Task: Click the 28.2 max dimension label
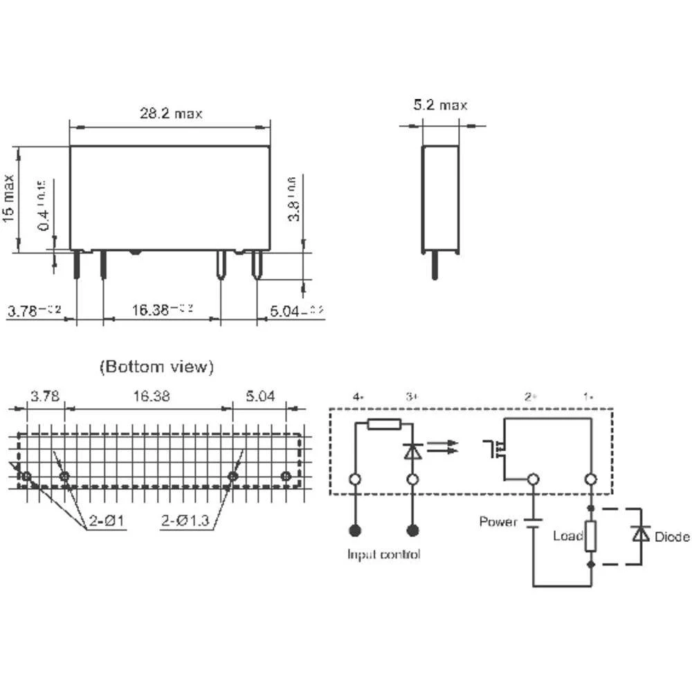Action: coord(171,113)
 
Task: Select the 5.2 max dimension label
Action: coord(440,105)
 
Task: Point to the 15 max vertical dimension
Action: coord(9,198)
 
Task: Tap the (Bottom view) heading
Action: coord(156,366)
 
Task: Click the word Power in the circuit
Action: coord(498,521)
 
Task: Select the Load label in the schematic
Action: coord(567,536)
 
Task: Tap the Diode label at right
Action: coord(671,536)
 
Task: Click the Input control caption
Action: coord(383,554)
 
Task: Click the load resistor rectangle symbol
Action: coord(591,536)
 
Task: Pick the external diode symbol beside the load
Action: coord(641,534)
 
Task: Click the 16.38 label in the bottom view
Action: coord(149,397)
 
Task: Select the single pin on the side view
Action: coord(434,265)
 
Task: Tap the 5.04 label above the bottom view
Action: coord(259,397)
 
